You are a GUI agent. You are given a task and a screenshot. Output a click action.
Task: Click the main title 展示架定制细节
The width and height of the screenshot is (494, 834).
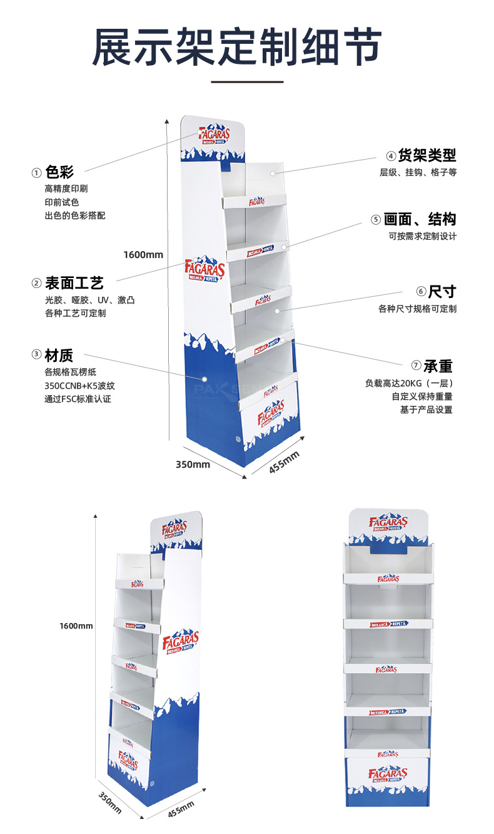[x=237, y=48]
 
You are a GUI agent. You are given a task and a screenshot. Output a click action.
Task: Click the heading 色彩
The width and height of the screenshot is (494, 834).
[x=60, y=172]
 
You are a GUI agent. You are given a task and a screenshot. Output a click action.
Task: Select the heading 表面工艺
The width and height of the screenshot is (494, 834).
[x=74, y=283]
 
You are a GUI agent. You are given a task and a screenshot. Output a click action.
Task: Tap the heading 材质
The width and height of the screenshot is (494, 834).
[x=59, y=356]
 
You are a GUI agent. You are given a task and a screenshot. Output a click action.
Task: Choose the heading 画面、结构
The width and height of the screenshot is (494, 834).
[x=420, y=219]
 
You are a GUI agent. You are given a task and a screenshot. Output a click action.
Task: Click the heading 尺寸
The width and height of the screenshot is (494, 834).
[x=443, y=291]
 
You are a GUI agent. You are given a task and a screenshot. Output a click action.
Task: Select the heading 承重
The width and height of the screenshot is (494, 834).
[x=438, y=366]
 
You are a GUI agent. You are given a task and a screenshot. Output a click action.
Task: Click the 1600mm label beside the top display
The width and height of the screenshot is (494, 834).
[x=143, y=254]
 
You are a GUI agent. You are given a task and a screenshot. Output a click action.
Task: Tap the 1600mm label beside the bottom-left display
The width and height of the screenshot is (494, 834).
[x=76, y=625]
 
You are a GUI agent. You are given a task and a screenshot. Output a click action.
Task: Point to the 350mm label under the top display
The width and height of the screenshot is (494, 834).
[x=193, y=465]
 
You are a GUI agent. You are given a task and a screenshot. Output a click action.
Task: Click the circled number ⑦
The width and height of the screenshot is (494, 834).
[x=416, y=366]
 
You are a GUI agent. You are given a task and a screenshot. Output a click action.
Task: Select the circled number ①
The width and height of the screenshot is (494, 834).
[x=37, y=172]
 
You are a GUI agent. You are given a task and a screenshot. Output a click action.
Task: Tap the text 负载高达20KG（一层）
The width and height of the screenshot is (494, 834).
[x=409, y=383]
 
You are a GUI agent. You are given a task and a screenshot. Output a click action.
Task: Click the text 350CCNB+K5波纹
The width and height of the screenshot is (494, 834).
[x=80, y=386]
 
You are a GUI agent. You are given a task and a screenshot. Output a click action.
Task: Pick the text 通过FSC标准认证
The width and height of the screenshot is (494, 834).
[x=78, y=399]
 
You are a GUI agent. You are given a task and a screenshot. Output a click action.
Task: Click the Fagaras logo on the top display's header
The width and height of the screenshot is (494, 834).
[x=214, y=135]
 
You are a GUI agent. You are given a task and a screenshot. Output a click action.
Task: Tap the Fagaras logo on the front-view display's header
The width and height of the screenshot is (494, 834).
[x=388, y=523]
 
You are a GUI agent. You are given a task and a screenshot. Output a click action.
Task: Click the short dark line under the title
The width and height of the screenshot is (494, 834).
[x=247, y=81]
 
